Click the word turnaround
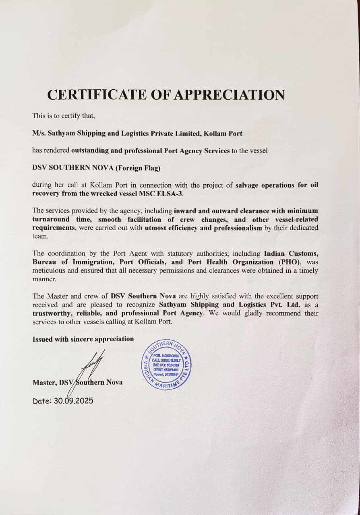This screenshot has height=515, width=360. tap(50, 219)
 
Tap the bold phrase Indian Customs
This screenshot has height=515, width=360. tap(291, 253)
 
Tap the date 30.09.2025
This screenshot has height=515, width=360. tap(73, 401)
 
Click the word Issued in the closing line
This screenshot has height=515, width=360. tap(42, 339)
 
